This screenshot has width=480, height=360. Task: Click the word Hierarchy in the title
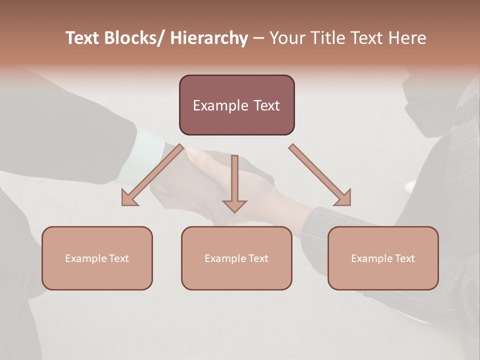point(209,38)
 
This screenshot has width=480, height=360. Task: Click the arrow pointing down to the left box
point(152,175)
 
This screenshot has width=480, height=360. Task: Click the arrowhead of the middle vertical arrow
point(234,205)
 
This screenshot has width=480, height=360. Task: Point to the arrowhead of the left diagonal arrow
point(128,198)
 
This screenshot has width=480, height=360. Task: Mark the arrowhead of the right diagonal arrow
point(343,198)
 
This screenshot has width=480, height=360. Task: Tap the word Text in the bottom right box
point(404,258)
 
